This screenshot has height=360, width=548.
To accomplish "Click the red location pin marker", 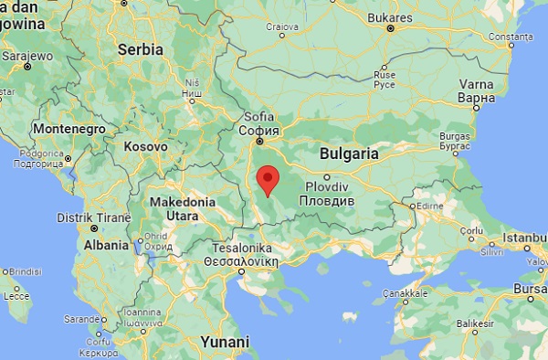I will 267,180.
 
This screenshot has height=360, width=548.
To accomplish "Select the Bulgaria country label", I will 350,154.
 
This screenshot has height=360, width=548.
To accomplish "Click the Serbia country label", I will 140,49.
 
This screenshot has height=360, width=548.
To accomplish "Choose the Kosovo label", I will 145,146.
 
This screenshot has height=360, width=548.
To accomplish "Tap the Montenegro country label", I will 69,129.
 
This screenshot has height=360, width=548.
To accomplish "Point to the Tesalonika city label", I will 238,252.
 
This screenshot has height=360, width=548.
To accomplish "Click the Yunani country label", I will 225,341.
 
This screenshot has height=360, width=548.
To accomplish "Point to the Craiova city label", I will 283,26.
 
